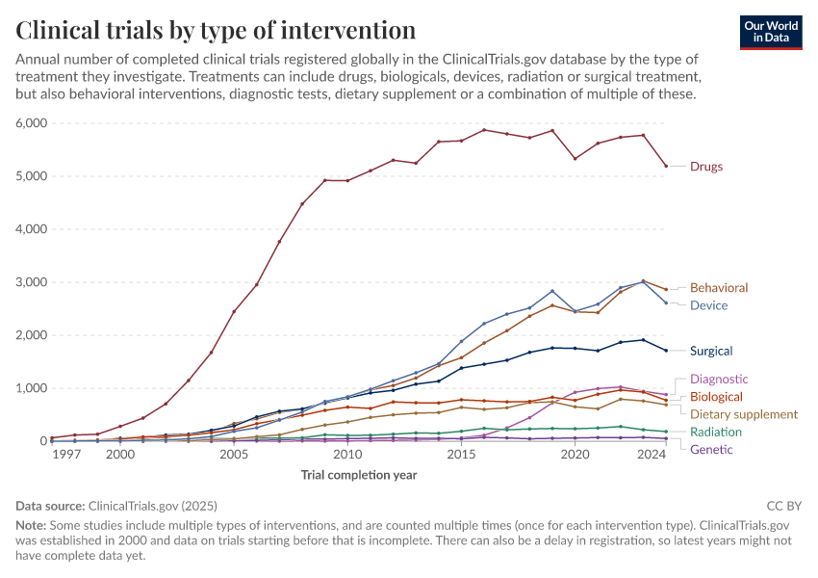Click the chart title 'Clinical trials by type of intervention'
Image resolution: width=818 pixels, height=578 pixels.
pyautogui.click(x=217, y=29)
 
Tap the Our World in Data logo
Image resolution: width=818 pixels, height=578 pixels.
pyautogui.click(x=770, y=32)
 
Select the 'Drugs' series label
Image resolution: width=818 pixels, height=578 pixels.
pyautogui.click(x=705, y=167)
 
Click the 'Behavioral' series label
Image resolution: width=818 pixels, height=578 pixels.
pyautogui.click(x=718, y=288)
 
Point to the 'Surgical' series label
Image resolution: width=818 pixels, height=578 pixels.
pyautogui.click(x=711, y=351)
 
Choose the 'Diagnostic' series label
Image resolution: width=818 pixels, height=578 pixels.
pyautogui.click(x=718, y=380)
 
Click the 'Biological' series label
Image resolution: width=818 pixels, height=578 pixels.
pyautogui.click(x=716, y=397)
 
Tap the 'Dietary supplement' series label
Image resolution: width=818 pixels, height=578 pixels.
pyautogui.click(x=744, y=414)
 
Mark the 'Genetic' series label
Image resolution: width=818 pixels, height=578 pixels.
pyautogui.click(x=711, y=450)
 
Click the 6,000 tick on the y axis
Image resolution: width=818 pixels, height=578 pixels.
pyautogui.click(x=31, y=123)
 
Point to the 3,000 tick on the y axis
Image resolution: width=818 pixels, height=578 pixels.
pyautogui.click(x=31, y=282)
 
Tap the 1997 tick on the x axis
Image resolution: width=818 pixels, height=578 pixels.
pyautogui.click(x=66, y=454)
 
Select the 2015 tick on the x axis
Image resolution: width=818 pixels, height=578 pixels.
pyautogui.click(x=461, y=454)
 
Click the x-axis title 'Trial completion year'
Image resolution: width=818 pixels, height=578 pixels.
pyautogui.click(x=359, y=475)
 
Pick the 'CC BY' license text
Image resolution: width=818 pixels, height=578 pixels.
pyautogui.click(x=783, y=505)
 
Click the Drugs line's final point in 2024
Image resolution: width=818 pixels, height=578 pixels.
pyautogui.click(x=666, y=166)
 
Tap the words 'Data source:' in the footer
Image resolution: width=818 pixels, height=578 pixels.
pyautogui.click(x=50, y=505)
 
